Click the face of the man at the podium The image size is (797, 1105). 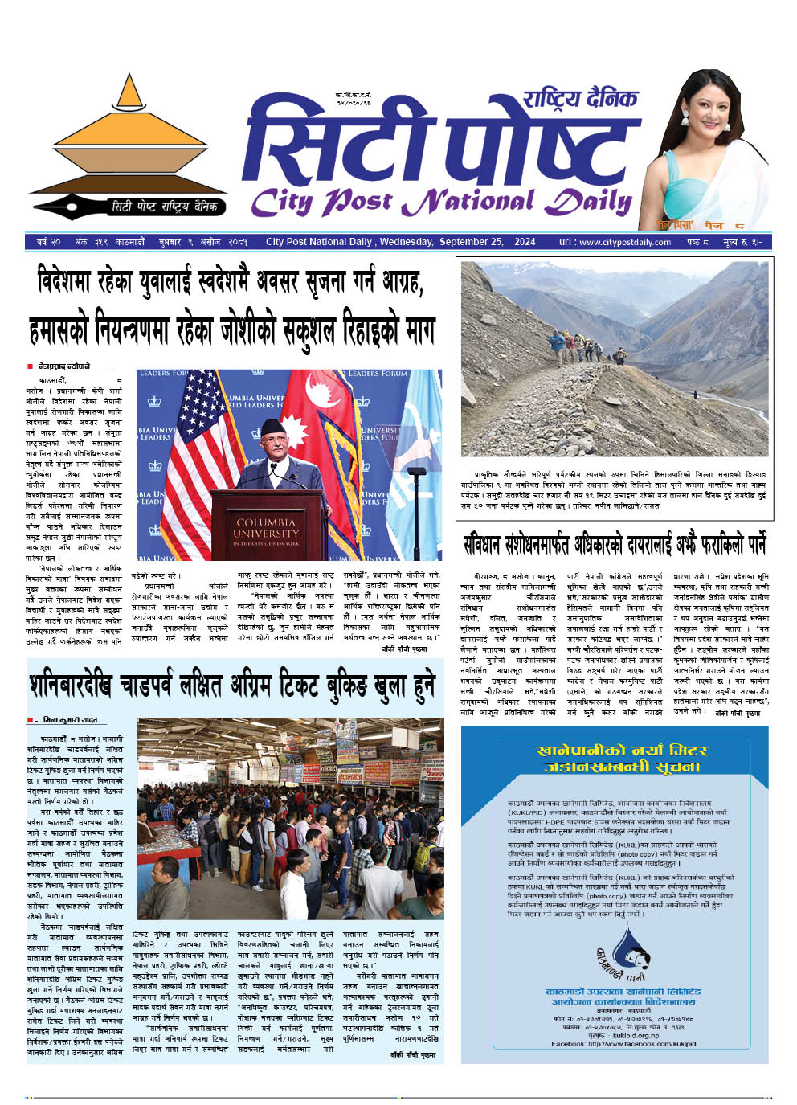click(x=276, y=438)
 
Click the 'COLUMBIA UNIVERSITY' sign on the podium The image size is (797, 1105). click(x=265, y=532)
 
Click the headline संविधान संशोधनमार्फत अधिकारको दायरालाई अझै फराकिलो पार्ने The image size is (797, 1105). click(x=614, y=545)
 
